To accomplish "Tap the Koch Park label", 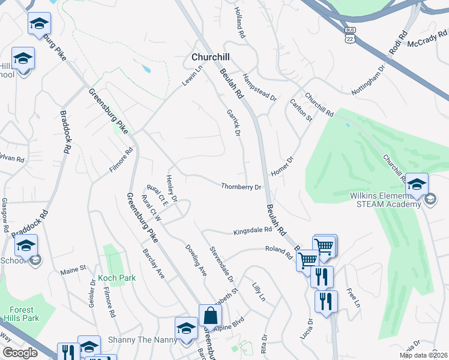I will pos(118,278).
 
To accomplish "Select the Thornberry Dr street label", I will pos(241,187).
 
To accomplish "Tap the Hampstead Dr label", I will pos(260,87).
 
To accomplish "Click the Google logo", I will pos(20,353).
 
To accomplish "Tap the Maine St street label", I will pos(73,271).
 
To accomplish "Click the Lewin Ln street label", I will pos(194,76).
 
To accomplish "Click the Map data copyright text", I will pos(423,355).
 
